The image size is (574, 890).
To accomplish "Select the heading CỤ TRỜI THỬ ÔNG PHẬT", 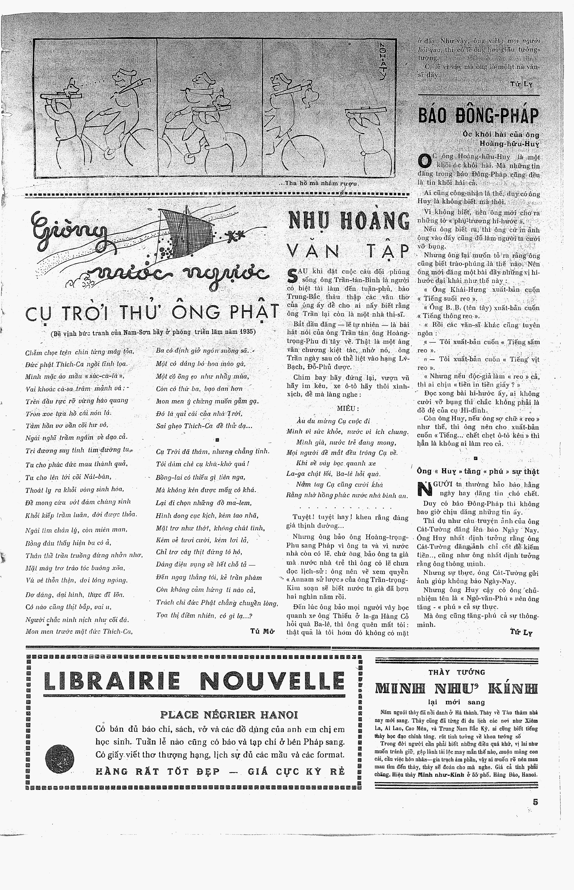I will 152,312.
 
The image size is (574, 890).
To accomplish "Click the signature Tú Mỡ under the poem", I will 262,631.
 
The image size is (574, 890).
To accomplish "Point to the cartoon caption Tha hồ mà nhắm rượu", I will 320,184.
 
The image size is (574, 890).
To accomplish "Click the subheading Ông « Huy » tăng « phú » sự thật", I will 478,471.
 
